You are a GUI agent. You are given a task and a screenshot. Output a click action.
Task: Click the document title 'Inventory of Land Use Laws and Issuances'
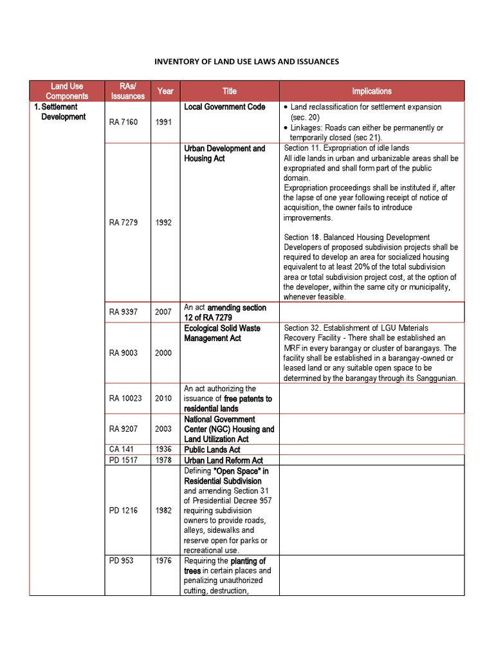tap(246, 62)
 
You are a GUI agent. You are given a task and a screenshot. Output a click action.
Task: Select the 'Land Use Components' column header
tap(67, 91)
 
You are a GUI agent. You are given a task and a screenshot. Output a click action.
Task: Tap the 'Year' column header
tap(165, 91)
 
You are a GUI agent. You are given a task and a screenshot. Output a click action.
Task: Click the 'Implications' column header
tap(371, 91)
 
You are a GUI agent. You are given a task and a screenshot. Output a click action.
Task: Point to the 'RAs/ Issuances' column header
tap(128, 91)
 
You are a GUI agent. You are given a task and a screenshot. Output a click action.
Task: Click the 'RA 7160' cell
tap(123, 122)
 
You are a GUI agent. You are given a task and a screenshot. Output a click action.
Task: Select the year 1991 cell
tap(163, 122)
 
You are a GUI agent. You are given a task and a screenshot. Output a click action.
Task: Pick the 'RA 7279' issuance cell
tap(123, 223)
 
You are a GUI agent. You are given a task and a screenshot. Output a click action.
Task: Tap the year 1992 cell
tap(163, 223)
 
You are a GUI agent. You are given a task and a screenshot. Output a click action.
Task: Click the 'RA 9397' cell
tap(123, 312)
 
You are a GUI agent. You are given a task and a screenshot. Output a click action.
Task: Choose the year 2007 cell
tap(163, 312)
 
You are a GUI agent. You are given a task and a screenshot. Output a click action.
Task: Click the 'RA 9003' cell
tap(123, 353)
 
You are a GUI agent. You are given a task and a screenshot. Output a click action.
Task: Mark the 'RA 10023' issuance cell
tap(125, 398)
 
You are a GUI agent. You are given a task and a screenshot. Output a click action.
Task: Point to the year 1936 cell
tap(163, 449)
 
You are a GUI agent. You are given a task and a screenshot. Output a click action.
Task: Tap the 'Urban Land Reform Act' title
tap(223, 460)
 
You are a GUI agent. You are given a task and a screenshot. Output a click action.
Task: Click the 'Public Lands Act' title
tap(212, 449)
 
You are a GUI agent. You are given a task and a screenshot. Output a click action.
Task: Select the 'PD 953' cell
tap(122, 561)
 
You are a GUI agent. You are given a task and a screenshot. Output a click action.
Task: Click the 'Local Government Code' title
tap(224, 107)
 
